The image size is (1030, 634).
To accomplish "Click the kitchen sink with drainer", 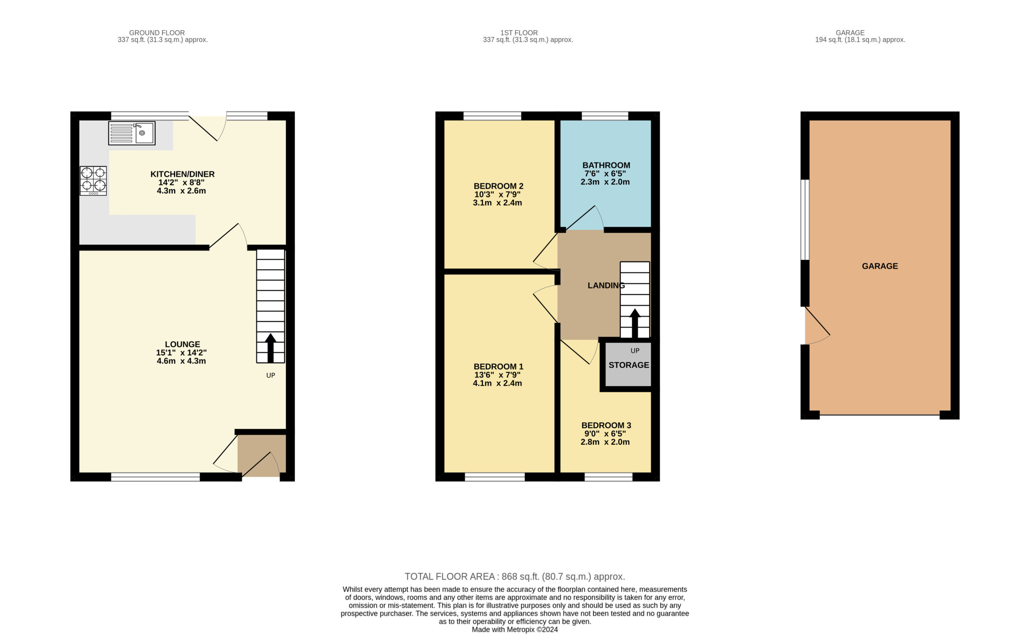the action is [x=132, y=133].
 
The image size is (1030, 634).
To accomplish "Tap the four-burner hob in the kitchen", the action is [x=93, y=181].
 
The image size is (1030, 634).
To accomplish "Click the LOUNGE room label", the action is [x=182, y=344].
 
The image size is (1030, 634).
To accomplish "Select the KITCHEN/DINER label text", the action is [x=183, y=174].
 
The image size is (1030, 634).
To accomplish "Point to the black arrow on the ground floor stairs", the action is [x=271, y=348].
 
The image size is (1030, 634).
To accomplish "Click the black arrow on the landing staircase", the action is [x=635, y=323].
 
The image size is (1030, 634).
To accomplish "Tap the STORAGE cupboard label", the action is [x=629, y=365].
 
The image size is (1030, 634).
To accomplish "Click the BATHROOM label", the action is [x=606, y=165].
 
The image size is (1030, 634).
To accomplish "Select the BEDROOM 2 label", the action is [x=499, y=186].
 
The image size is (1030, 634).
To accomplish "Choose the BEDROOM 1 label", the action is [x=499, y=367].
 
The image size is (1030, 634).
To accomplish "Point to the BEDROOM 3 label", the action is [x=606, y=425].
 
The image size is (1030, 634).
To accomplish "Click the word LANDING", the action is [x=606, y=285].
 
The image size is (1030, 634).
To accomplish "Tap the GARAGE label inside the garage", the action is [x=880, y=266].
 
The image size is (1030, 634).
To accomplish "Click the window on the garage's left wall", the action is [x=805, y=220].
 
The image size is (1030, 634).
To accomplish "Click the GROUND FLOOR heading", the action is [x=157, y=33].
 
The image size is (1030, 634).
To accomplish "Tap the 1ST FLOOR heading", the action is [x=519, y=33].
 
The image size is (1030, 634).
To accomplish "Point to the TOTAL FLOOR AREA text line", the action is [x=515, y=577].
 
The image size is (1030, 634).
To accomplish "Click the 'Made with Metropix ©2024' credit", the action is [x=515, y=630].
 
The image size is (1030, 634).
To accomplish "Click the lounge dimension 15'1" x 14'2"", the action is [x=181, y=353].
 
